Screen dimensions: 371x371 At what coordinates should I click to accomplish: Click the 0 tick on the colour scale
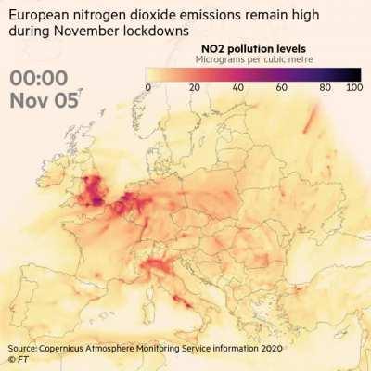click(x=148, y=87)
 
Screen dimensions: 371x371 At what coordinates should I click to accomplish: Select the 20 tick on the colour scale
click(x=195, y=87)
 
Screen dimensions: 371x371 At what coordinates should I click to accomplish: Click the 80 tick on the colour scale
click(x=326, y=87)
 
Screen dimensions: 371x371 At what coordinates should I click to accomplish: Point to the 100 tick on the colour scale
click(x=353, y=87)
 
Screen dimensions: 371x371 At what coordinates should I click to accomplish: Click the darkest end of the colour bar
click(x=357, y=73)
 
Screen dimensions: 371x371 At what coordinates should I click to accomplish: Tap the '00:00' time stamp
click(x=42, y=79)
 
